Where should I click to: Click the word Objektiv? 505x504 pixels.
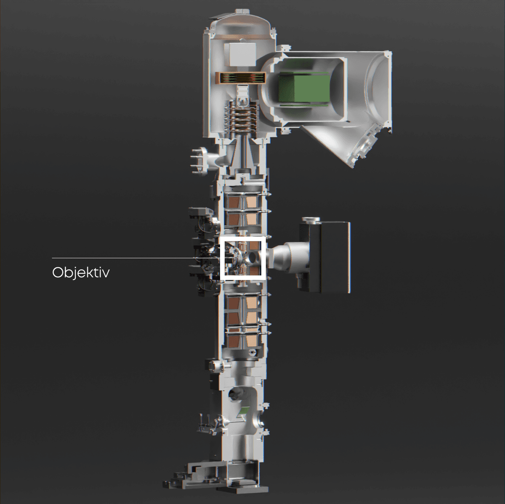coord(81,273)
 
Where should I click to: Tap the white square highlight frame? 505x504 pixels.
coord(221,258)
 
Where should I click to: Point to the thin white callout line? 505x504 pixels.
coord(136,258)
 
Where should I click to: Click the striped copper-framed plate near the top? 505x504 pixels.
coord(240,78)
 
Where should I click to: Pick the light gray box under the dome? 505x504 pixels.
coord(239,54)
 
